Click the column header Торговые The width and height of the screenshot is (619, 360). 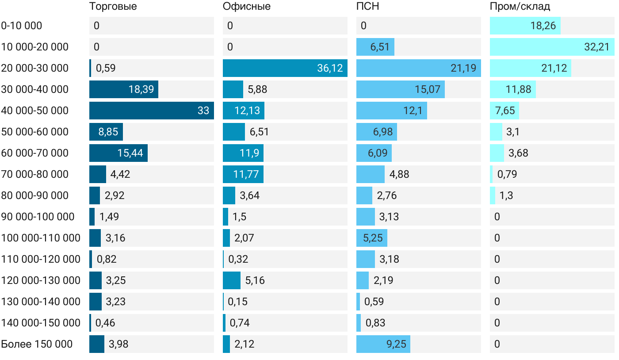click(113, 7)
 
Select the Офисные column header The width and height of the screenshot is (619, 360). click(247, 7)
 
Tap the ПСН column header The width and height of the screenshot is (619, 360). click(368, 7)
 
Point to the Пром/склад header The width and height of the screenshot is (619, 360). click(520, 7)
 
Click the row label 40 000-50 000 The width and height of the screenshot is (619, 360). click(35, 111)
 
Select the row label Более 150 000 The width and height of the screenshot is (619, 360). click(37, 344)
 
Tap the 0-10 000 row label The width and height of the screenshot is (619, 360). click(22, 26)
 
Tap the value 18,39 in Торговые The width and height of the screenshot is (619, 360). click(141, 89)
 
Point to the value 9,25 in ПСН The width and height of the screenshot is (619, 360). click(396, 344)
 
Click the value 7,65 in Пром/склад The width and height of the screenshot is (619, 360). click(505, 111)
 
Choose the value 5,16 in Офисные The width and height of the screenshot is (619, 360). click(255, 280)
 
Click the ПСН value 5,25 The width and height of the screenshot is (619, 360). click(373, 238)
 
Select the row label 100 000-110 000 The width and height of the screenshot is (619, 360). click(41, 238)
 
